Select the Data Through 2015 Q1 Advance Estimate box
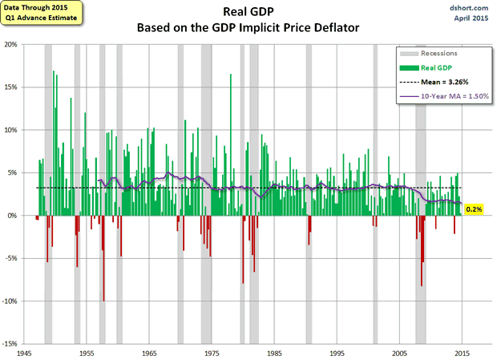[36, 12]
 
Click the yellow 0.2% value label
[474, 210]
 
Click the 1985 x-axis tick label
[274, 353]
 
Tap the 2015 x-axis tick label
[462, 353]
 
